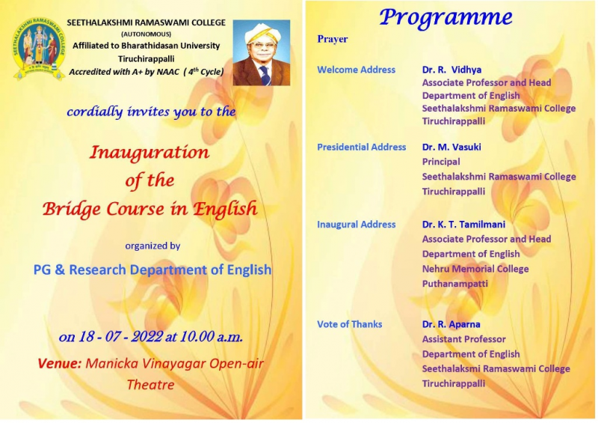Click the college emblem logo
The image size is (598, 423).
coord(39,48)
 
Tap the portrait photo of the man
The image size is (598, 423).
coord(262,52)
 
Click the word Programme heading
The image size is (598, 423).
coord(446,18)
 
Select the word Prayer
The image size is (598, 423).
coord(332,39)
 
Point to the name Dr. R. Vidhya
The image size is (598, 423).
coord(451,70)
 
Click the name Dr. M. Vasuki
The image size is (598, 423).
coord(451,147)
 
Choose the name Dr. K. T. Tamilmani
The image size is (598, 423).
coord(463,225)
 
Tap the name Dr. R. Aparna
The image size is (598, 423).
coord(451,324)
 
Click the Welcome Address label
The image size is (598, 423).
coord(357,70)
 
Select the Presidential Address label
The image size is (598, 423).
coord(362,147)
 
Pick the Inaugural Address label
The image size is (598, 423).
coord(357,225)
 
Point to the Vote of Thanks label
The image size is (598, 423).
coord(350,324)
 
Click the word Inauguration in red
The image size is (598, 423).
coord(149,153)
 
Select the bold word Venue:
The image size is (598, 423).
coord(60,363)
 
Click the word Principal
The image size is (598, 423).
coord(441,162)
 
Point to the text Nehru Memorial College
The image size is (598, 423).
coord(475,269)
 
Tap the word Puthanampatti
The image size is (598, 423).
coord(455,284)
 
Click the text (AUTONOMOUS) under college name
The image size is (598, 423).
coord(146,34)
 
